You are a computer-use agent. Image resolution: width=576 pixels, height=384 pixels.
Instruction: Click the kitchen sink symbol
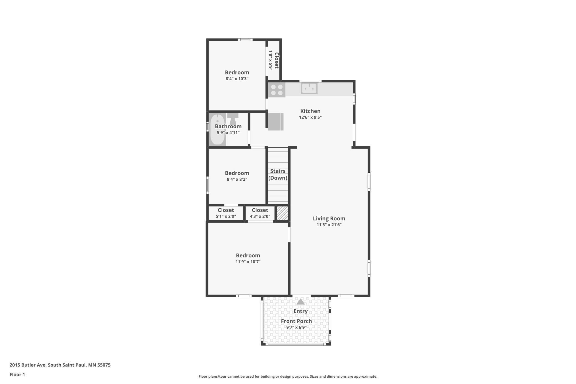[309, 88]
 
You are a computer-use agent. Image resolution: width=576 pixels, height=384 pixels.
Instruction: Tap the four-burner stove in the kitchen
[277, 90]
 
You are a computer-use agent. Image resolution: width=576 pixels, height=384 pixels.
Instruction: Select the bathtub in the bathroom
[217, 129]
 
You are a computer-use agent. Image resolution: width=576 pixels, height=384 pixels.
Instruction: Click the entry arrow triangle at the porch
[300, 301]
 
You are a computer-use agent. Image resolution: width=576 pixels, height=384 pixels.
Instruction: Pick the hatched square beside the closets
[282, 213]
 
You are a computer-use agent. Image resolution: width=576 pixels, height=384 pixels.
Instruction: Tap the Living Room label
[329, 218]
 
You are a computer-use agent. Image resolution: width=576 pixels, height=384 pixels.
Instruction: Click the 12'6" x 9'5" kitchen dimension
[310, 117]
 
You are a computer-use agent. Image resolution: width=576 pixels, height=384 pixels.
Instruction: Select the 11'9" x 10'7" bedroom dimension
[248, 262]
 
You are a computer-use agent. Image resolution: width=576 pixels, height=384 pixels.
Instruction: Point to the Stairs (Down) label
[278, 175]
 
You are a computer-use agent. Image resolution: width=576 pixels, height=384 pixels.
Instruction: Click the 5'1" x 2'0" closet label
[226, 216]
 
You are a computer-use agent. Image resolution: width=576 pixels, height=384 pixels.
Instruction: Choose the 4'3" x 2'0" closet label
[260, 216]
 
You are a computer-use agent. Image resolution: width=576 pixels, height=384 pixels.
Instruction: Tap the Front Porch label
[296, 321]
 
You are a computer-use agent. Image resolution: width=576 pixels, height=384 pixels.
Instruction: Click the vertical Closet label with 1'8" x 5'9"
[274, 60]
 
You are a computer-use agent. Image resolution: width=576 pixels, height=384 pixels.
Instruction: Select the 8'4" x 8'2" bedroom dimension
[237, 179]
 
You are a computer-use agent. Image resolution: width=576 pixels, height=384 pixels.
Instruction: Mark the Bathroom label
[228, 126]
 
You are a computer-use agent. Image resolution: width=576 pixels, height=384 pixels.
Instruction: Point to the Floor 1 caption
[17, 375]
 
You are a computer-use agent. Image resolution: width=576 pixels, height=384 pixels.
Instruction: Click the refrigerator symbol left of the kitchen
[276, 121]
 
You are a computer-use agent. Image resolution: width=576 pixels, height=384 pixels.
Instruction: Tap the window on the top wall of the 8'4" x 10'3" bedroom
[245, 40]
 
